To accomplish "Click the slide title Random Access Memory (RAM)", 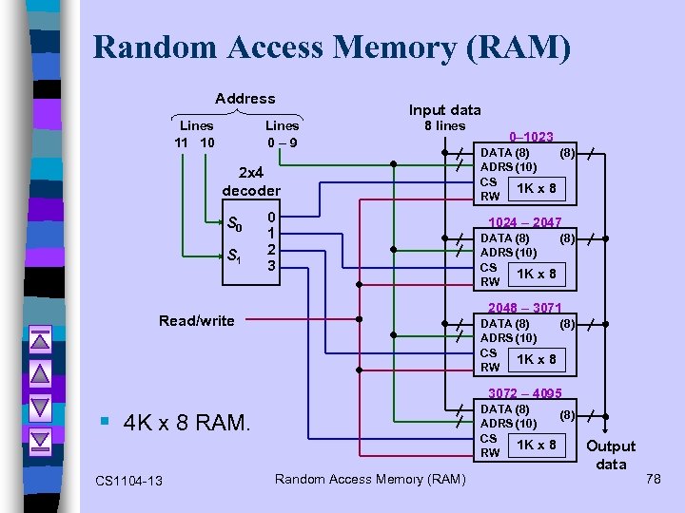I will click(x=332, y=47).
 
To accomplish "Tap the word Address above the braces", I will click(x=245, y=98).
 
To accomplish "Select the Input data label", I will click(x=444, y=109).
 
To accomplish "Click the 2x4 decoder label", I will click(x=251, y=181).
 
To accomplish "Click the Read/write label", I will click(x=197, y=321).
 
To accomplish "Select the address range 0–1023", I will click(x=531, y=137).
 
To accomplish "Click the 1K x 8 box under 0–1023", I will click(x=536, y=188).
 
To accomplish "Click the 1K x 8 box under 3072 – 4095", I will click(x=536, y=445).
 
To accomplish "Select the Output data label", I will click(x=611, y=455).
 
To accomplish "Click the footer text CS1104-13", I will click(x=129, y=481).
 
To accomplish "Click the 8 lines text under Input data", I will click(x=444, y=125).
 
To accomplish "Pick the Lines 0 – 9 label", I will click(x=282, y=134).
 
